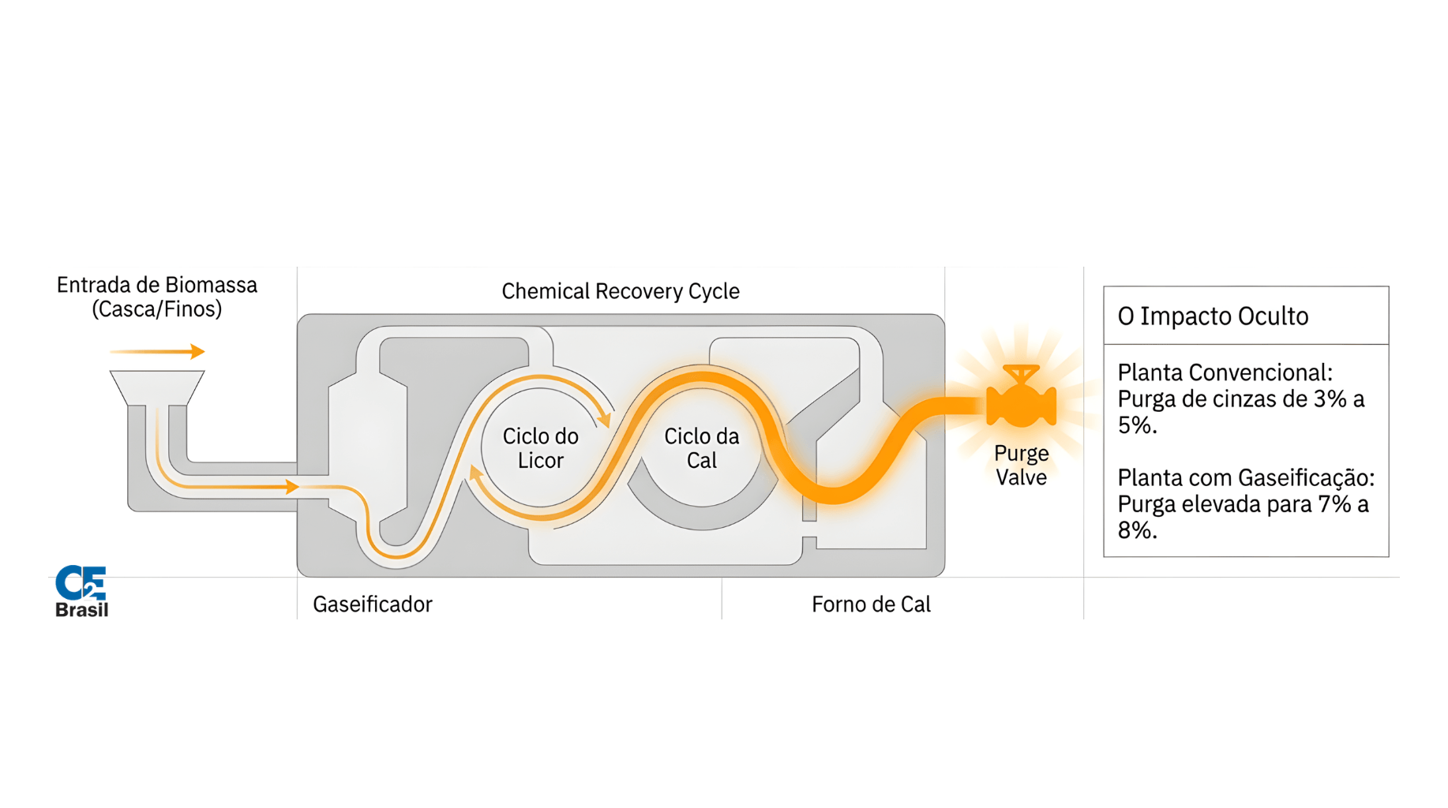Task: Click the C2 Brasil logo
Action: [81, 591]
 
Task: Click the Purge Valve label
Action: [1021, 465]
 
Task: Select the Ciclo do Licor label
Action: [540, 448]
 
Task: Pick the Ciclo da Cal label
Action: [701, 448]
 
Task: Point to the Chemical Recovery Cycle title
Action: [621, 291]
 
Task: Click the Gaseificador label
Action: [373, 604]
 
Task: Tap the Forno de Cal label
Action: [871, 604]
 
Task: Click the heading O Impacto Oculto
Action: [1213, 316]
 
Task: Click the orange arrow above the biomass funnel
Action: [158, 351]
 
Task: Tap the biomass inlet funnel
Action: [157, 387]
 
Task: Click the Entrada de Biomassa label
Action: [156, 285]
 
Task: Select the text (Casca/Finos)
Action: [156, 309]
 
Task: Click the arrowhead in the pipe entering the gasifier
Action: [291, 487]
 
